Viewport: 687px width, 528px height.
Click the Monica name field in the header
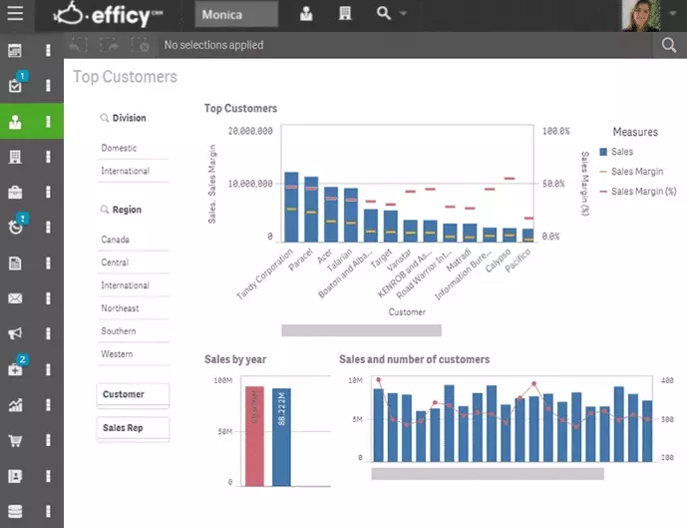click(237, 15)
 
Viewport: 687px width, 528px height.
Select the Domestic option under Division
click(120, 148)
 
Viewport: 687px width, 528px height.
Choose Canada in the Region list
click(116, 240)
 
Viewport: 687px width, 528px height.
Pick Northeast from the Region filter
click(121, 308)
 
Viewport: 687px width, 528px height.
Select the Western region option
click(118, 354)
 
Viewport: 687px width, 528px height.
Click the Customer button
click(133, 394)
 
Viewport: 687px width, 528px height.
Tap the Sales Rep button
click(133, 428)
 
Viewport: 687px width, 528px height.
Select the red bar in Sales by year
click(255, 436)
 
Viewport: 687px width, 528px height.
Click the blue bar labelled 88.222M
click(281, 437)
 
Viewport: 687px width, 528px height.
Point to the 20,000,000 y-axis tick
click(250, 131)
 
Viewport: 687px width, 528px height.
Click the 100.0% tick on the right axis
click(555, 131)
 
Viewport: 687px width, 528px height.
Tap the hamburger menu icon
click(15, 15)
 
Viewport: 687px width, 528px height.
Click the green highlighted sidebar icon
click(15, 122)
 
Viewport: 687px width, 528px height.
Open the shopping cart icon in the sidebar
click(15, 440)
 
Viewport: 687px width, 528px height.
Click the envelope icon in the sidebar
click(15, 298)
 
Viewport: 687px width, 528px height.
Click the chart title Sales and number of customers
click(414, 359)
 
